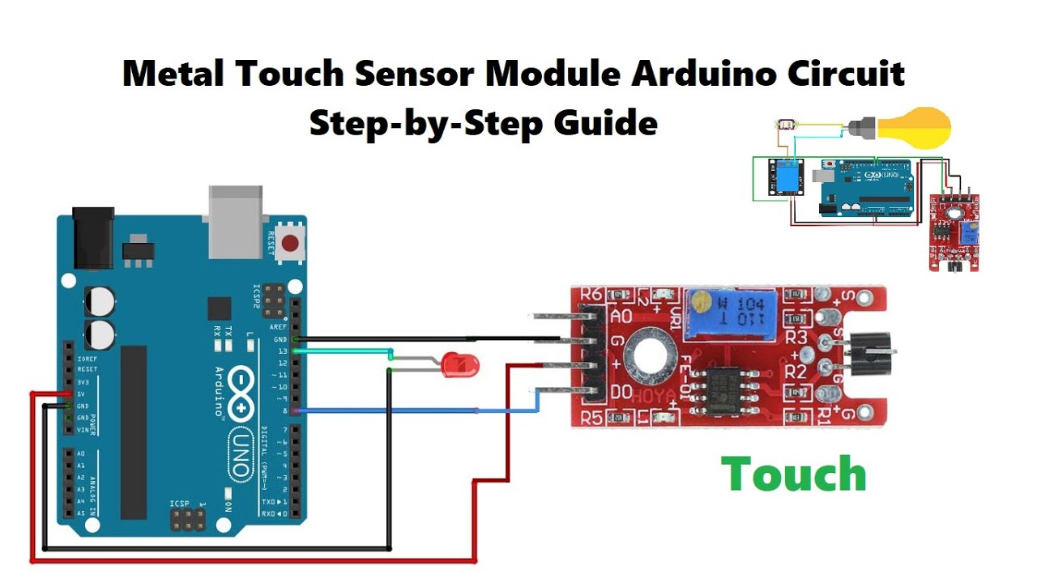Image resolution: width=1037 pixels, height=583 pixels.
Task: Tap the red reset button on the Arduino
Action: click(x=289, y=240)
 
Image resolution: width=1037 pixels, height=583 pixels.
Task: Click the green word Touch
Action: click(x=793, y=474)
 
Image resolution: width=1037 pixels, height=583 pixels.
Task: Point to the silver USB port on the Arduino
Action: click(x=235, y=215)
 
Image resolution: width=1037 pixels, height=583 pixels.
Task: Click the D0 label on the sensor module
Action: click(x=621, y=393)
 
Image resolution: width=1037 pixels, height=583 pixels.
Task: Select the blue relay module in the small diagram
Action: click(x=786, y=177)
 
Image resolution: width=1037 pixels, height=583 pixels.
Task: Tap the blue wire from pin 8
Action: click(x=405, y=411)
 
